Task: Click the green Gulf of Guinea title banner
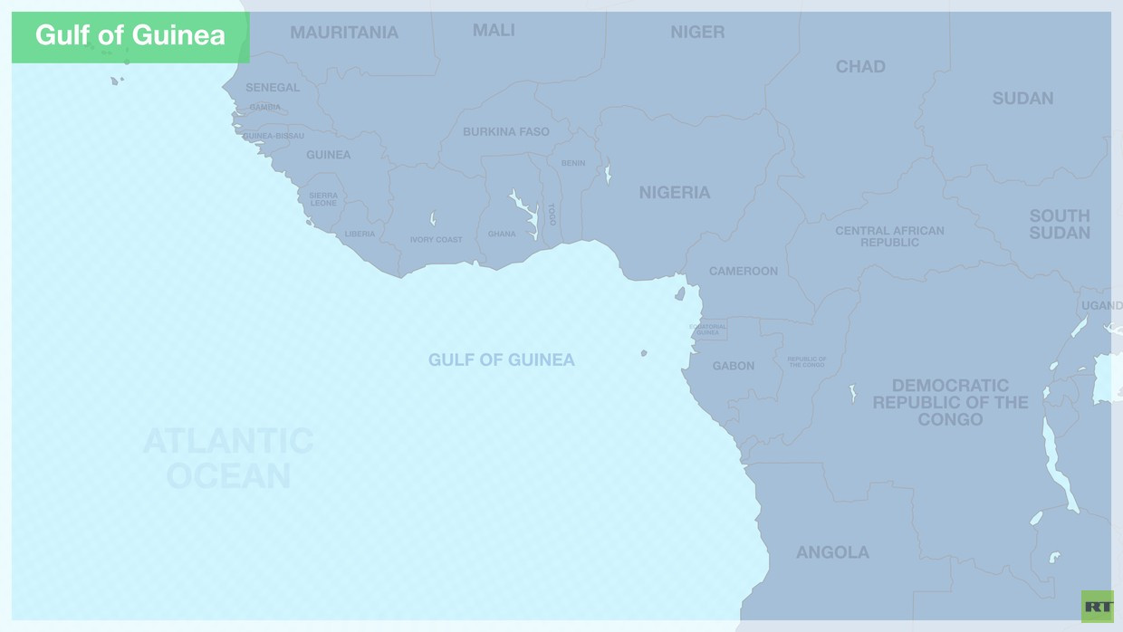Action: coord(130,36)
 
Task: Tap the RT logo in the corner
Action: coord(1097,606)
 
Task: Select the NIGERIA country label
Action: coord(675,192)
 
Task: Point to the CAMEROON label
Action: coord(744,271)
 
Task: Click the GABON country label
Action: coord(734,366)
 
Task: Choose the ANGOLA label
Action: coord(832,552)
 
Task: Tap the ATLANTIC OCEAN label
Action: coord(228,458)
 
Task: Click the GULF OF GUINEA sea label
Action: coord(502,359)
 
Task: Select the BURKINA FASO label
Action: coord(506,131)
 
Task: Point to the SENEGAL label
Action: coord(272,87)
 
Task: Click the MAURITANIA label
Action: coord(344,33)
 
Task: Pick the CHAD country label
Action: coord(860,66)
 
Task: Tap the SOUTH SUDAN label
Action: coord(1060,224)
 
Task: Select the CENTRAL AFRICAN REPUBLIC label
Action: coord(889,236)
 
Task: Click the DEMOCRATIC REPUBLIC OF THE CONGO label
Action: coord(950,402)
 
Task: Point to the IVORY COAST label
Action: coord(436,240)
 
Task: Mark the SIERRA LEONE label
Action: coord(323,199)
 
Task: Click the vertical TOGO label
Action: coord(552,215)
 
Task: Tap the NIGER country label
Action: coord(697,33)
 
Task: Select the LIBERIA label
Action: coord(360,235)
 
